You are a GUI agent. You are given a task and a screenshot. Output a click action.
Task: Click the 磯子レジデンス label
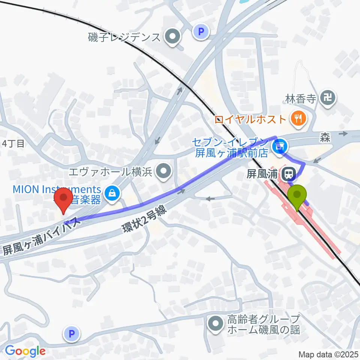click(124, 37)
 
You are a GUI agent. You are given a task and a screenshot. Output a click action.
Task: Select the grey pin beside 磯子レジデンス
click(173, 37)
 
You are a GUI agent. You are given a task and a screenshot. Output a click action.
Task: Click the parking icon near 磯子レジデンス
click(201, 31)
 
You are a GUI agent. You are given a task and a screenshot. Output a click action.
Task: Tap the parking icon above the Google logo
click(72, 333)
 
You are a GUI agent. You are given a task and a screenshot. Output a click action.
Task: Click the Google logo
click(25, 351)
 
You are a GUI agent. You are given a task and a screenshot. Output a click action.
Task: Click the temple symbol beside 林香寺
click(329, 98)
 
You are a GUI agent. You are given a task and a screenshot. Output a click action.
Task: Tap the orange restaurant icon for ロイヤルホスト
click(298, 119)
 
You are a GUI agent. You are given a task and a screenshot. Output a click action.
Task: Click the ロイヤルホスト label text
click(250, 120)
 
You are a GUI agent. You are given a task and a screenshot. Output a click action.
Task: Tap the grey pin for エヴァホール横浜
click(164, 172)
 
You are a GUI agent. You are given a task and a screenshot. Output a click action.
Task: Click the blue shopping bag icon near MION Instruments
click(111, 193)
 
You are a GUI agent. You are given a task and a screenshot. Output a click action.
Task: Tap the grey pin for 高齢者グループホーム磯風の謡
click(216, 324)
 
